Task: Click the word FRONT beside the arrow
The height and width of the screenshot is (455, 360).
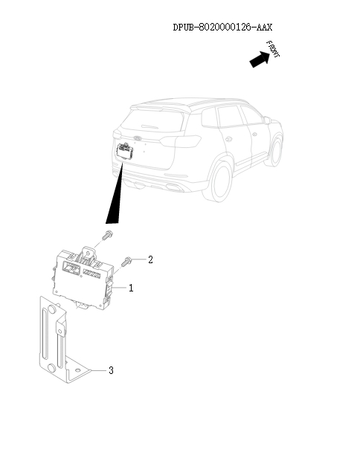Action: click(274, 51)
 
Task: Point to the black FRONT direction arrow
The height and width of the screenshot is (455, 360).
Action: click(258, 59)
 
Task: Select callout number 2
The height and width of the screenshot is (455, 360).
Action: click(150, 259)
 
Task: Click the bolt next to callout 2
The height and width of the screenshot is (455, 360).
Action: click(127, 259)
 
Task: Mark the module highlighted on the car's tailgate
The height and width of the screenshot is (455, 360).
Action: click(124, 152)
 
